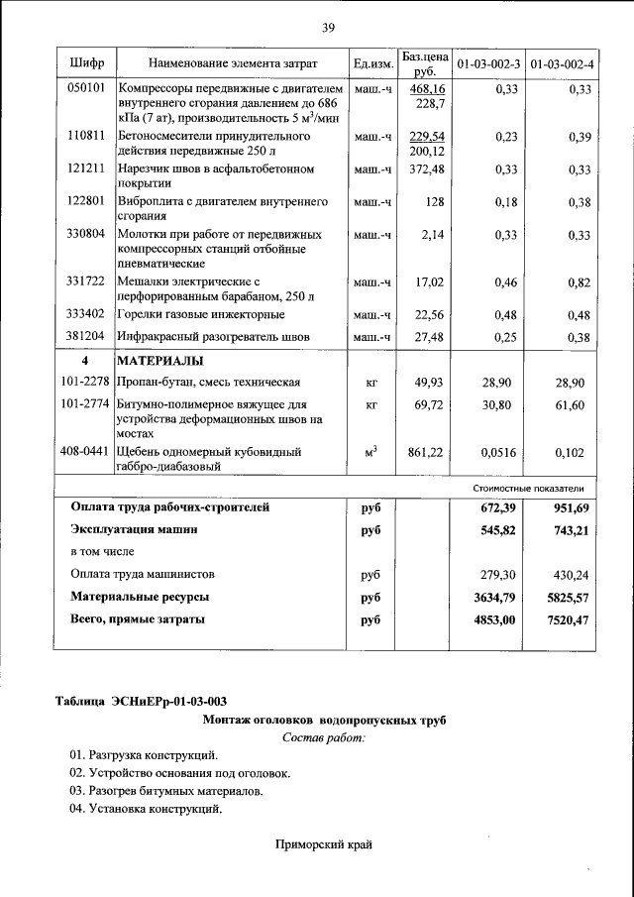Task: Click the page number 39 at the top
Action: [x=328, y=27]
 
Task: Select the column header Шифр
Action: [x=87, y=63]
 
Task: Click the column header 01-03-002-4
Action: [x=561, y=63]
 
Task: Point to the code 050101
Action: [x=86, y=89]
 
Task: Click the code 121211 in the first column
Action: [x=86, y=169]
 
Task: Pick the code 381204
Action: [x=86, y=337]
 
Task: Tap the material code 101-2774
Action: [x=85, y=404]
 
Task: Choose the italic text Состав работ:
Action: [x=323, y=738]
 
